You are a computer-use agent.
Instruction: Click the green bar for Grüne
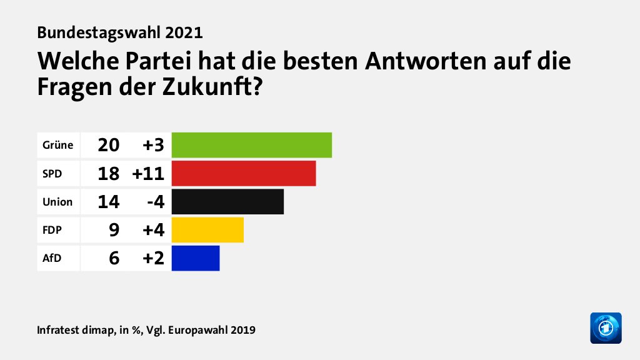coord(251,145)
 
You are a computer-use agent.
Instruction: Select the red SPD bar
coord(244,173)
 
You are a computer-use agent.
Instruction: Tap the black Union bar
coord(227,202)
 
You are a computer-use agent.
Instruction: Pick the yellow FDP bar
coord(207,230)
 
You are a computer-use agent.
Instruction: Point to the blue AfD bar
coord(196,258)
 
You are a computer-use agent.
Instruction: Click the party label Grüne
coord(57,146)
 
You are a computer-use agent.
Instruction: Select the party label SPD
coord(52,174)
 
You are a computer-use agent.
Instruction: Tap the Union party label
coord(57,202)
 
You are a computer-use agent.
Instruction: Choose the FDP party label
coord(52,230)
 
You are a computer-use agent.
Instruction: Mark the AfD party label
coord(52,258)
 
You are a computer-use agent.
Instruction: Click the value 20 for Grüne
coord(108,146)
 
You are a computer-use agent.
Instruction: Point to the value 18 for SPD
coord(108,174)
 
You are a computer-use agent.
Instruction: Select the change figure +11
coord(147,174)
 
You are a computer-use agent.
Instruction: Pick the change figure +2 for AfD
coord(152,258)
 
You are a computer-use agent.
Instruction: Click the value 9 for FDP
coord(114,230)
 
